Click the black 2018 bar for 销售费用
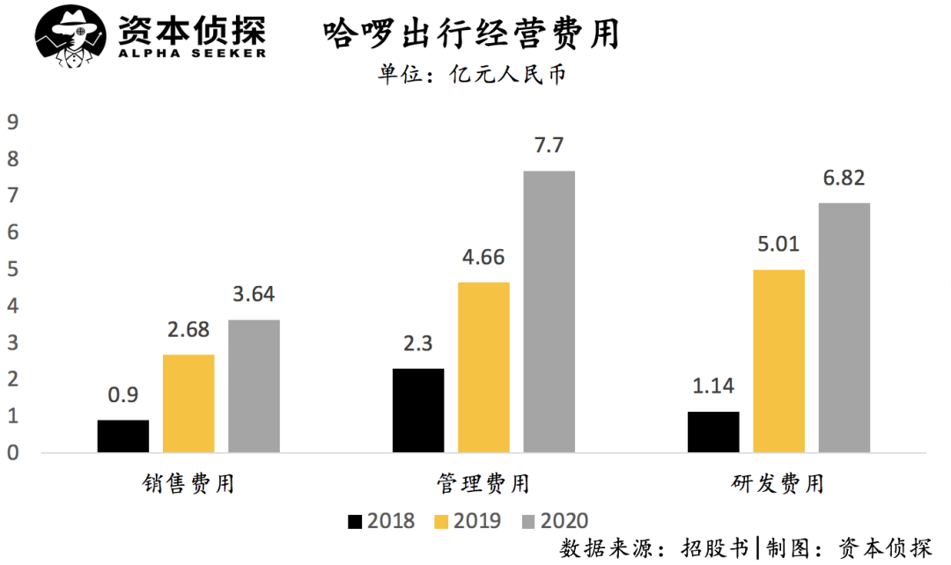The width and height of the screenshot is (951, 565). click(x=122, y=437)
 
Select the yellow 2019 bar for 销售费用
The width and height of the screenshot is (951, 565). click(x=188, y=404)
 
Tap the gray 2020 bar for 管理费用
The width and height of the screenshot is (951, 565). click(x=549, y=312)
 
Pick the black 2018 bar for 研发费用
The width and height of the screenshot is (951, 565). click(x=713, y=432)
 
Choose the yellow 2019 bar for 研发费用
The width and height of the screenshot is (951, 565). click(x=779, y=361)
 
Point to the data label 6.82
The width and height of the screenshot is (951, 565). click(x=844, y=179)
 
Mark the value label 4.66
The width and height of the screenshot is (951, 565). click(x=483, y=258)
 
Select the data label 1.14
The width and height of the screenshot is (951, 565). click(x=713, y=385)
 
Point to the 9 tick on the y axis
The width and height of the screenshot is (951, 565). click(x=12, y=123)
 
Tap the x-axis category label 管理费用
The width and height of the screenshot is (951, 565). click(x=483, y=484)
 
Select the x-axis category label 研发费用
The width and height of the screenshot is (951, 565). click(x=778, y=484)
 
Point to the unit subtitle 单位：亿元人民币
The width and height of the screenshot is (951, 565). click(x=471, y=75)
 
